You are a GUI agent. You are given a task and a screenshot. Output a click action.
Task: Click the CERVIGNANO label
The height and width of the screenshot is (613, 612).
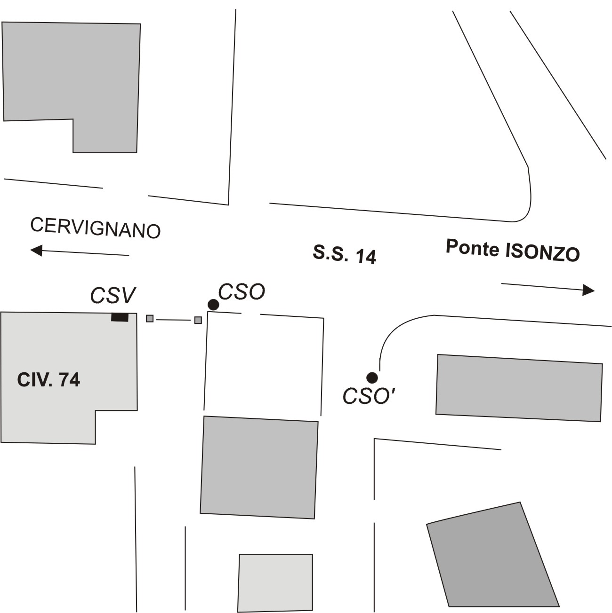click(x=96, y=228)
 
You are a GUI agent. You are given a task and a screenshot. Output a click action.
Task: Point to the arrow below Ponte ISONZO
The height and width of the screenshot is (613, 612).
click(x=548, y=287)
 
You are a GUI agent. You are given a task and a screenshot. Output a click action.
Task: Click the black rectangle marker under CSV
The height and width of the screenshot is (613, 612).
click(x=120, y=317)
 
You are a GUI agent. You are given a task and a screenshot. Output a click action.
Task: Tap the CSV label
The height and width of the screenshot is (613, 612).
click(x=113, y=296)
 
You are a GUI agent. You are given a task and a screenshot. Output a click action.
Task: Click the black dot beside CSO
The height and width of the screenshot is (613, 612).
click(x=213, y=305)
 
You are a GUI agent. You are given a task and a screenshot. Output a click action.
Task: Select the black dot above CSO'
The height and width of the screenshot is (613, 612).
click(x=372, y=377)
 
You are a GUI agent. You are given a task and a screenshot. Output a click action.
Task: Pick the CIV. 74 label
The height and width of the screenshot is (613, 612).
click(x=48, y=379)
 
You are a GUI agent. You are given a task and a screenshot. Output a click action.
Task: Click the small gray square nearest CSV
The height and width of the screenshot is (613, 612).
click(x=150, y=318)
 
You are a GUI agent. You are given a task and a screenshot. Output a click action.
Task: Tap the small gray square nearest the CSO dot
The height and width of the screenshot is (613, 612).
click(x=198, y=320)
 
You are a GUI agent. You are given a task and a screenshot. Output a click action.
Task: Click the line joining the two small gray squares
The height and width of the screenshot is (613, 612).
click(x=173, y=320)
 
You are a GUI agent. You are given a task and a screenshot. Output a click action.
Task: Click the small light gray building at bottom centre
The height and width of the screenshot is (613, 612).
click(x=275, y=582)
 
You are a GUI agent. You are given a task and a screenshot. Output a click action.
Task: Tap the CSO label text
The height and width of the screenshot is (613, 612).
click(x=242, y=292)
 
